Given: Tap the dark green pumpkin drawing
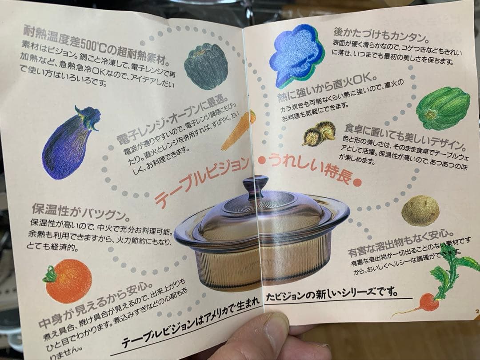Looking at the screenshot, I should click(x=206, y=66).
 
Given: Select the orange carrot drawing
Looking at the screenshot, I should click(x=239, y=130).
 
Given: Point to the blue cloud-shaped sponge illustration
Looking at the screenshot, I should click(x=295, y=55).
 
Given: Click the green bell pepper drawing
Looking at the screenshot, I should click(x=443, y=108).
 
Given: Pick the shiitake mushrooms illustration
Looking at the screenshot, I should click(x=320, y=134).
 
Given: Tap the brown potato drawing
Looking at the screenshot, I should click(x=420, y=211).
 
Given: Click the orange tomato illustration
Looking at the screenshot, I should click(x=68, y=280).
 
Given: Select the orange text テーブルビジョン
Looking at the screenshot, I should click(x=201, y=182).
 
